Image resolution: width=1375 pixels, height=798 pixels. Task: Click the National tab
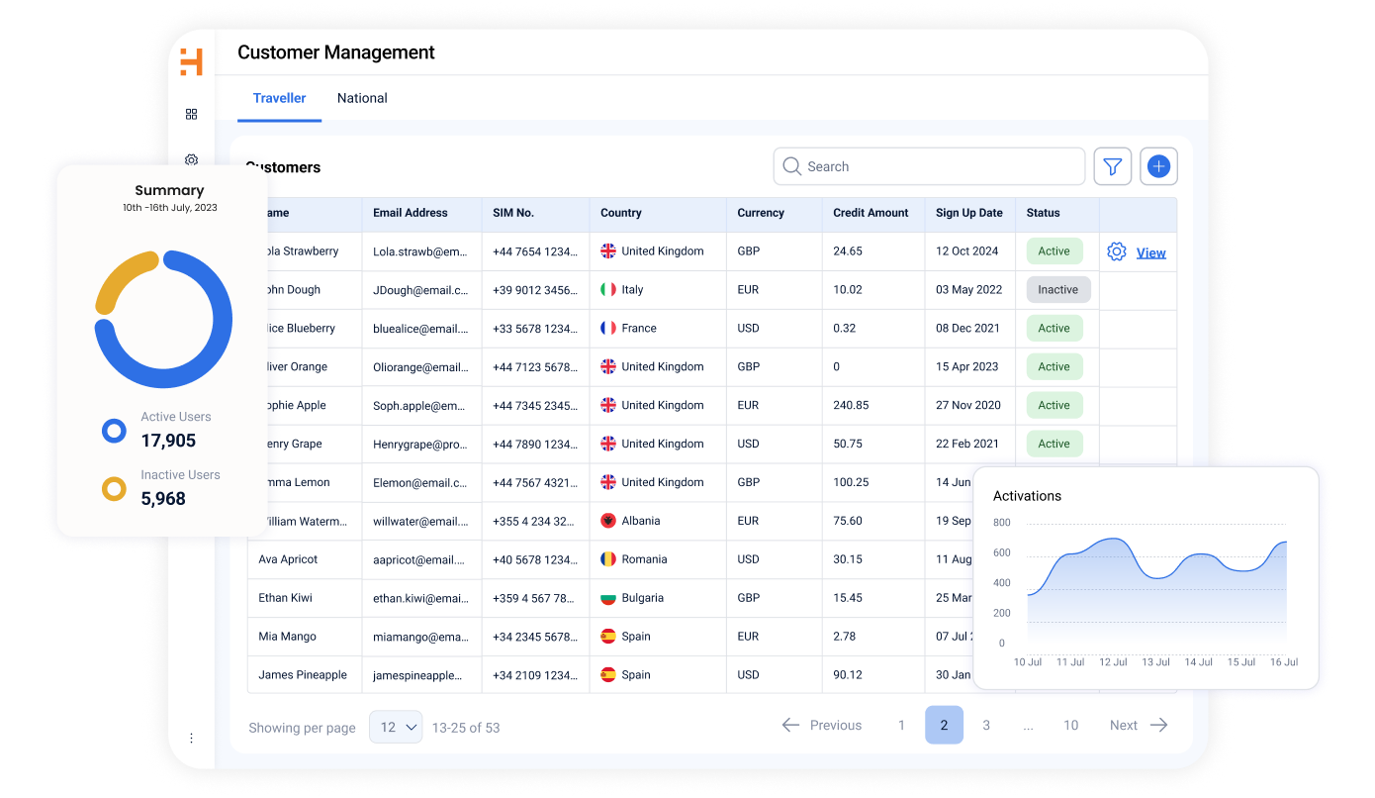[x=362, y=98]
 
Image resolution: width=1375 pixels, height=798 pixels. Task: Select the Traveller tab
[x=279, y=98]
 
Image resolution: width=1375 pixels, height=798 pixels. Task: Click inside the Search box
[x=930, y=166]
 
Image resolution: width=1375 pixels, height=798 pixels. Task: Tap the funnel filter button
[x=1112, y=166]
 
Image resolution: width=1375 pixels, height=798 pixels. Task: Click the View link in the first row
[x=1150, y=252]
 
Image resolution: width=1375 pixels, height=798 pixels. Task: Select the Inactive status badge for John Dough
[x=1057, y=289]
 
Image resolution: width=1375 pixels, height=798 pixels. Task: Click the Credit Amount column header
[x=871, y=213]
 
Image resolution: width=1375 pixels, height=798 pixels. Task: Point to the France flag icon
[x=608, y=328]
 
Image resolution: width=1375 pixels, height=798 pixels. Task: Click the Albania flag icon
[x=608, y=521]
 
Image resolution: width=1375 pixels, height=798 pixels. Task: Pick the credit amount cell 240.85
[x=851, y=405]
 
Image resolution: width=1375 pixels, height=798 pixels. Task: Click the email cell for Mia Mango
[x=420, y=637]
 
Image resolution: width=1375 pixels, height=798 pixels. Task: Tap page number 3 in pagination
[x=986, y=726]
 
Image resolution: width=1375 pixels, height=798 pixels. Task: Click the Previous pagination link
[x=822, y=726]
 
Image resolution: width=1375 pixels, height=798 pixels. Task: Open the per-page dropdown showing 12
[x=396, y=727]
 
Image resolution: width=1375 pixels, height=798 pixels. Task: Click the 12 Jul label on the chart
[x=1113, y=661]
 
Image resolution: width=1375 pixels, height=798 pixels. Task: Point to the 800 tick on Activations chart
[x=1002, y=523]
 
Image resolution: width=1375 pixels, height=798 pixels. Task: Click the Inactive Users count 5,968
[x=163, y=499]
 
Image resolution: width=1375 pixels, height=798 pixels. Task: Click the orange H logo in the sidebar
[x=191, y=62]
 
